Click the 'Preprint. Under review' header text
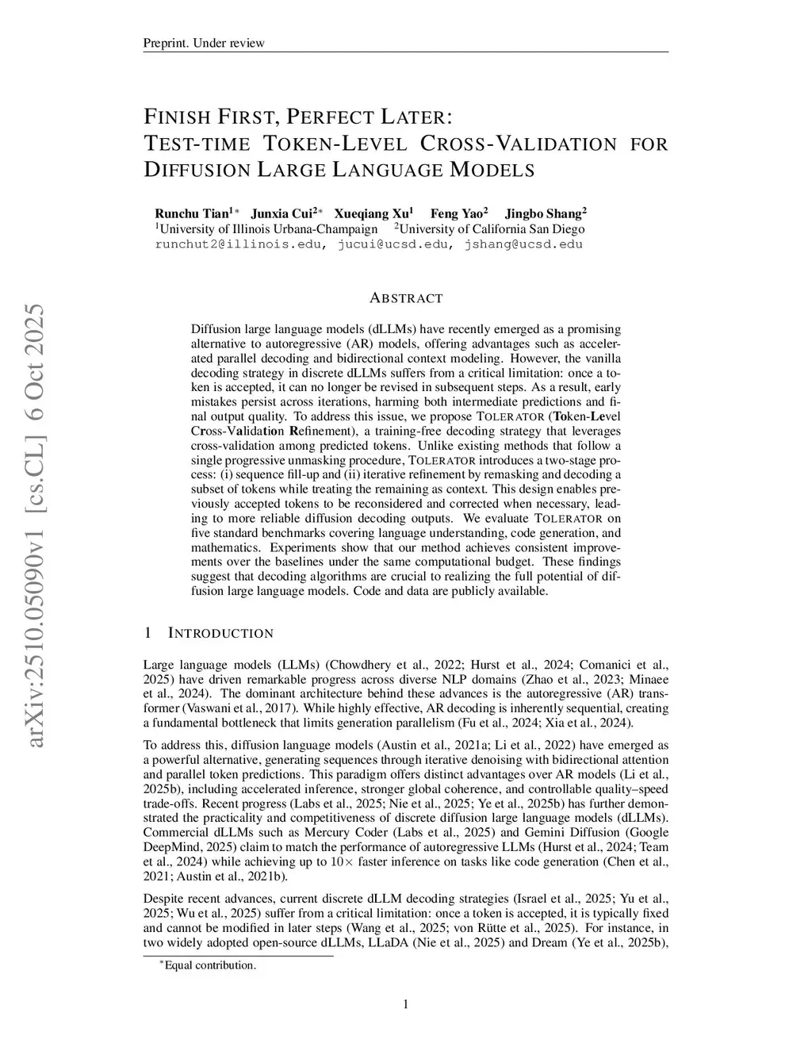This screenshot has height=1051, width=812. (204, 43)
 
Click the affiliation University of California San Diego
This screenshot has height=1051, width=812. (492, 229)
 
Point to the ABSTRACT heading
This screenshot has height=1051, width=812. (406, 298)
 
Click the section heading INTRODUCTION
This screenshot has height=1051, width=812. (220, 633)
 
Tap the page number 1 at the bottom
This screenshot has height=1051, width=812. (406, 1005)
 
